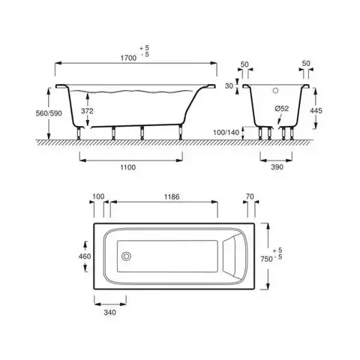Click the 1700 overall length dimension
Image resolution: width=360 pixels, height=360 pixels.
[x=129, y=58]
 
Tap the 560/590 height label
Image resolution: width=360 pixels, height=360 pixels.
[x=49, y=113]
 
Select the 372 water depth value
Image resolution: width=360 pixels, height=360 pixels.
[x=87, y=111]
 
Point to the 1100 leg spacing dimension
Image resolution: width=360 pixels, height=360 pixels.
[x=128, y=167]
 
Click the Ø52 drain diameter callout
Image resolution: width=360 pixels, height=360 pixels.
[x=282, y=109]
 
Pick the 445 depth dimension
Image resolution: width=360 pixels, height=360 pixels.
[x=316, y=110]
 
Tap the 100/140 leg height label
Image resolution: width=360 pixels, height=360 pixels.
[x=226, y=132]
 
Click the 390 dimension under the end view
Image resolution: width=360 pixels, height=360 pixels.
[x=277, y=167]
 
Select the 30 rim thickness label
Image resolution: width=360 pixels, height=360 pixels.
[x=229, y=86]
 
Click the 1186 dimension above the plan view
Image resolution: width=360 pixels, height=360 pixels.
[x=172, y=197]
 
